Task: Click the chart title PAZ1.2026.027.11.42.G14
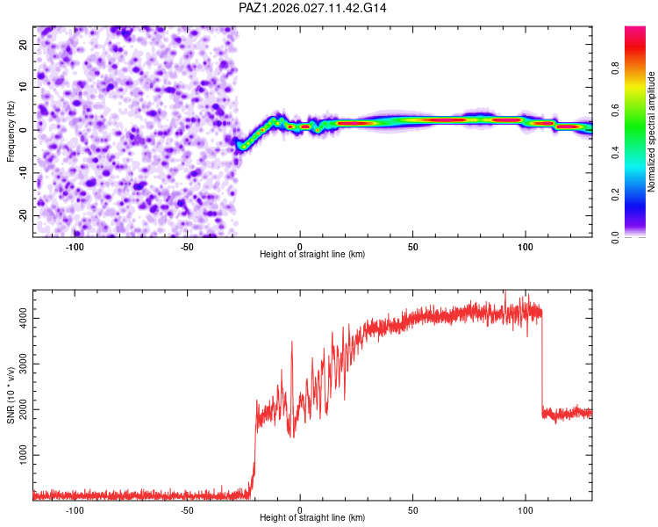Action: pyautogui.click(x=313, y=8)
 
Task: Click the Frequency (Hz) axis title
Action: pyautogui.click(x=11, y=130)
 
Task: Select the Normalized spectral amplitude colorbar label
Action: pyautogui.click(x=652, y=132)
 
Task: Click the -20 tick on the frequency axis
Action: pyautogui.click(x=22, y=215)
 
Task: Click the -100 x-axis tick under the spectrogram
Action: pyautogui.click(x=75, y=246)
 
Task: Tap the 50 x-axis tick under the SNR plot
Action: pyautogui.click(x=412, y=510)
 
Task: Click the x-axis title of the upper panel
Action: pyautogui.click(x=312, y=255)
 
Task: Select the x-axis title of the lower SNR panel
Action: pyautogui.click(x=312, y=519)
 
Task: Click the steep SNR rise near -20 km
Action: pyautogui.click(x=254, y=457)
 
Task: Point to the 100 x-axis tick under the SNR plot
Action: pyautogui.click(x=526, y=510)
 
